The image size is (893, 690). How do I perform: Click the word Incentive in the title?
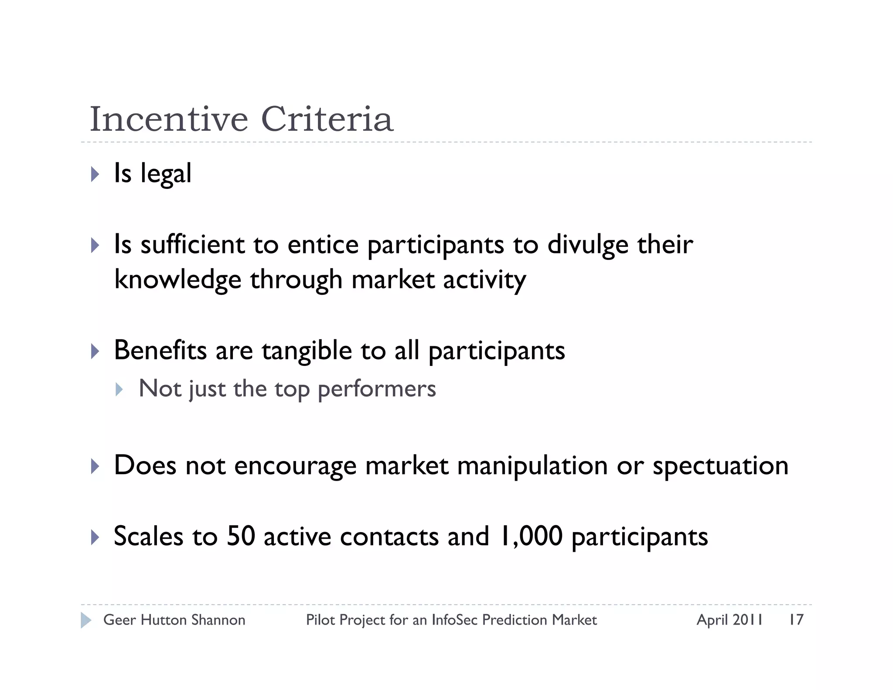pos(169,119)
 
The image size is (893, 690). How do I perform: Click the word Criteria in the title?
pos(327,119)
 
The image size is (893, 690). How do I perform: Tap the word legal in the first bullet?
pos(166,174)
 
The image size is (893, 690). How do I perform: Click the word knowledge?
pos(177,280)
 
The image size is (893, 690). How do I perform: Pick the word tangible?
pos(307,351)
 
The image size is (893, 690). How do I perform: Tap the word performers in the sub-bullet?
pos(377,389)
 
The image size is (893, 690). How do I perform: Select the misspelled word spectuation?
pos(720,466)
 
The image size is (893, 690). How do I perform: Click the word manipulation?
pos(532,466)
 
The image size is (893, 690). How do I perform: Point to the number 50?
pos(241,536)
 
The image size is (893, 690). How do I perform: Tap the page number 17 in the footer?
pos(796,620)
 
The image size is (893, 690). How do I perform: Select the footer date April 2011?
pos(729,620)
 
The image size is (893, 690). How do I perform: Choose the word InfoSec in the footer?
pos(454,620)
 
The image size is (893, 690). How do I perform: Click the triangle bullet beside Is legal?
pos(95,174)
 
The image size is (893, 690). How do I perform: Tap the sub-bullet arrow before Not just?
pos(119,389)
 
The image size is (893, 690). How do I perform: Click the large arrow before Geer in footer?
pos(86,620)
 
